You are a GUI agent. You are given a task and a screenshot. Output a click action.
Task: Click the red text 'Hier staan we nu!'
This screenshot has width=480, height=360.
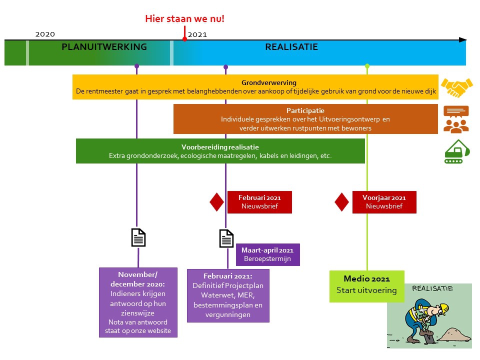tap(184, 18)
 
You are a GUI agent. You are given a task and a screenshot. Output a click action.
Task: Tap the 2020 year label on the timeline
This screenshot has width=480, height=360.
tap(45, 34)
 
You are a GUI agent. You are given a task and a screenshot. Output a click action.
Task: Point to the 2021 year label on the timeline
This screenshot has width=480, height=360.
tap(197, 34)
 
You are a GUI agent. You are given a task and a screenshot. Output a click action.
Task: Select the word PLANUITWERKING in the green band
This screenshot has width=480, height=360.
tap(104, 47)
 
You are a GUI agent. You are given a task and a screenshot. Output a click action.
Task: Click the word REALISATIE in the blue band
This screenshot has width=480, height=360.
tap(291, 47)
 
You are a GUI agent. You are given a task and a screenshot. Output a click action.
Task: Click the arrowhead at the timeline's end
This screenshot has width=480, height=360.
tap(462, 40)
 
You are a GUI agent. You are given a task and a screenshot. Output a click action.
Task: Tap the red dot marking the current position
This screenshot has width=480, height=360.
tap(184, 39)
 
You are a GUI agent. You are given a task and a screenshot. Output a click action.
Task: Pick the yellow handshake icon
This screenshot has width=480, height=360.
tap(456, 87)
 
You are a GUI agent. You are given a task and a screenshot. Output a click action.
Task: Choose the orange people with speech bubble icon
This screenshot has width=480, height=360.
tap(456, 119)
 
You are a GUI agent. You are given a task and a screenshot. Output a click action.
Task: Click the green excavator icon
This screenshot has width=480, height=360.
tap(456, 151)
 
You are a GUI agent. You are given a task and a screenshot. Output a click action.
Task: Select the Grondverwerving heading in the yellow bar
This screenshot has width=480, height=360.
tap(269, 82)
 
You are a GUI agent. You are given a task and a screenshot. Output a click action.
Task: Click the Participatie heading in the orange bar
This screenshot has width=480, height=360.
tap(305, 110)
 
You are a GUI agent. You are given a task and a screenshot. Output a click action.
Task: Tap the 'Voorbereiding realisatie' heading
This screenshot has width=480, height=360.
tap(220, 147)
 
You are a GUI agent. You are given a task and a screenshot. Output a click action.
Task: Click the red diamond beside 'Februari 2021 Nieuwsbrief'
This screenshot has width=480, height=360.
tap(216, 202)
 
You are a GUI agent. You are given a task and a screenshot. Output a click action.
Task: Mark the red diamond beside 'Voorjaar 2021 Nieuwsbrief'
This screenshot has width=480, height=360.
tap(341, 202)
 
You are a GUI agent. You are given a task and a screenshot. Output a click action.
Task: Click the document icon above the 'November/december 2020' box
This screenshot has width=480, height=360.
tap(138, 237)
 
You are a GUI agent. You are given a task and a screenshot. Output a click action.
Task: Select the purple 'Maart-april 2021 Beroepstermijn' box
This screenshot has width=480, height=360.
tap(268, 254)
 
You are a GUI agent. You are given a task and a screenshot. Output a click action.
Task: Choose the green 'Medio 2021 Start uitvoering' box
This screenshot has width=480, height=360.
tap(366, 286)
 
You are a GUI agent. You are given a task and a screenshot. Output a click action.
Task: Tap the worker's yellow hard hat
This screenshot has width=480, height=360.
tap(442, 308)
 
